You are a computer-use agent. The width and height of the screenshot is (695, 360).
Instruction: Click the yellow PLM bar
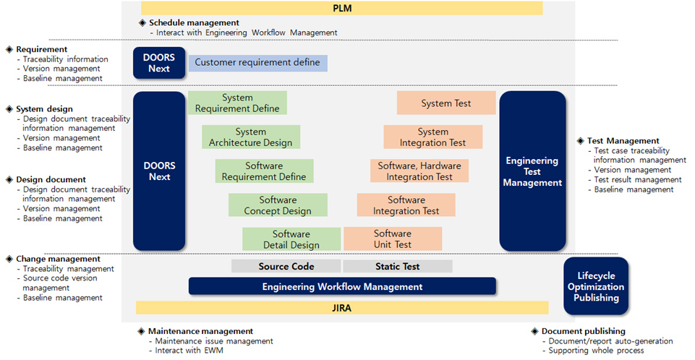coord(342,9)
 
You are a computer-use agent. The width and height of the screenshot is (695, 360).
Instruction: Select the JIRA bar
coord(342,308)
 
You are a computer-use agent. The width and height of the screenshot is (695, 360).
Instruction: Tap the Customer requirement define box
coord(258,63)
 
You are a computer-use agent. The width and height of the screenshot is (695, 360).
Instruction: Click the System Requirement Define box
coord(238,103)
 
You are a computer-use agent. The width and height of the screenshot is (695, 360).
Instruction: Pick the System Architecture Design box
coord(251,137)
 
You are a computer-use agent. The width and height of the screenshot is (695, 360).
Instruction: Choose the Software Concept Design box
coord(278,205)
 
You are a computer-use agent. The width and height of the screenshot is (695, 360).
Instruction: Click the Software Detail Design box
coord(291,239)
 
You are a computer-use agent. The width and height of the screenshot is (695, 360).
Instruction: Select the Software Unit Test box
coord(393,239)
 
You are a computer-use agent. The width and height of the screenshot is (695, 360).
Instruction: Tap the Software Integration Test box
coord(406,205)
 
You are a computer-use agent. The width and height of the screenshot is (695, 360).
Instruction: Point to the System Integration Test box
coord(433,137)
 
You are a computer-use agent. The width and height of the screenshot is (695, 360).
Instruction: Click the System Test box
coord(446,103)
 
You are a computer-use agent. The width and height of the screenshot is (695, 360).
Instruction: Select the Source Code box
coord(286,266)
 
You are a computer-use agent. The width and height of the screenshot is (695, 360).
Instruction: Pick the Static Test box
coord(398,266)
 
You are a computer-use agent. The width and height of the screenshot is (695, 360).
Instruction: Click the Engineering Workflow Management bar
coord(342,286)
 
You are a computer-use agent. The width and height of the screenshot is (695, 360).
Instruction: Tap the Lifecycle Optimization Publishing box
coord(596,286)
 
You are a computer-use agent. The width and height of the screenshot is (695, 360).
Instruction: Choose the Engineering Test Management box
coord(532,171)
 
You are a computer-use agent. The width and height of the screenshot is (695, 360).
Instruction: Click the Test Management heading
coord(623,141)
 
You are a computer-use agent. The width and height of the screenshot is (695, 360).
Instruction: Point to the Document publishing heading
coord(584,331)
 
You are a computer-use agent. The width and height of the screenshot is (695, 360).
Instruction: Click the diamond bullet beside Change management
coord(9,259)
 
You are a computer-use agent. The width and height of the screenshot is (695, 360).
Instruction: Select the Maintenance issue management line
coord(214,341)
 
